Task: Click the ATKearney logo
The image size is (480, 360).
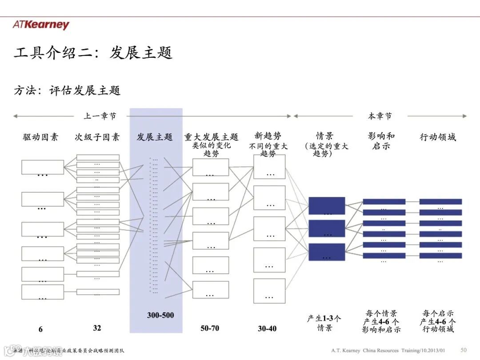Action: click(x=41, y=25)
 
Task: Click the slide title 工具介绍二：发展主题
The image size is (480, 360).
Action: click(x=93, y=53)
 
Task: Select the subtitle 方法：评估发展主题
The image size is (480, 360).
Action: click(x=67, y=90)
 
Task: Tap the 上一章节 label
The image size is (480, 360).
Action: click(x=100, y=116)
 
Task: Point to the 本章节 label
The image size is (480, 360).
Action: click(x=380, y=116)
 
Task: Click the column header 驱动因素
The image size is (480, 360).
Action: click(x=40, y=137)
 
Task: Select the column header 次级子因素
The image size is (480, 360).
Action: click(x=97, y=137)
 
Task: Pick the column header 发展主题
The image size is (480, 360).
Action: click(x=155, y=137)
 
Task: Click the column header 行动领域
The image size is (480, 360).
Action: click(x=438, y=137)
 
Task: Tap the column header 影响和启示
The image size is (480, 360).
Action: click(x=381, y=141)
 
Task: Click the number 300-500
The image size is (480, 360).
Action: click(x=160, y=315)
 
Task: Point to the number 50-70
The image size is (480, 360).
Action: click(x=210, y=328)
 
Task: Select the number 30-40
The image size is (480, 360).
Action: click(x=267, y=328)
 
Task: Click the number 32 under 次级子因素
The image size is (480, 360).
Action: click(x=97, y=328)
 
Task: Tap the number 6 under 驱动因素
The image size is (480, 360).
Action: click(x=40, y=329)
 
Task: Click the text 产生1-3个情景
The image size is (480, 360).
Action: click(x=324, y=323)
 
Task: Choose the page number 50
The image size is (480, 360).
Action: click(x=464, y=350)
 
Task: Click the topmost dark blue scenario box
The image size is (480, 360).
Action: click(x=327, y=205)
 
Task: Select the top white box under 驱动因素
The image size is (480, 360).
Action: click(x=43, y=167)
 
